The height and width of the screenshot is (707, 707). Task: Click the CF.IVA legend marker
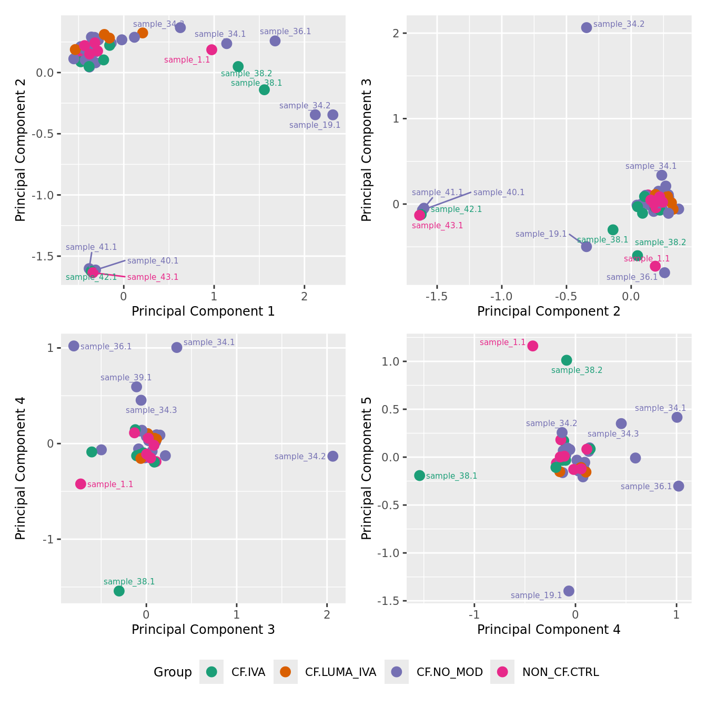click(x=211, y=672)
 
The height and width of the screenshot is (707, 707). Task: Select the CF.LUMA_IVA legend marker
click(x=286, y=672)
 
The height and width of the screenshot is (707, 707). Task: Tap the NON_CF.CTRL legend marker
click(x=502, y=672)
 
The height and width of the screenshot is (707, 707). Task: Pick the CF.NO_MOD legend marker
click(x=397, y=672)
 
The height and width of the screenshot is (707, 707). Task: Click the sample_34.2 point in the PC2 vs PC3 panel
click(x=587, y=27)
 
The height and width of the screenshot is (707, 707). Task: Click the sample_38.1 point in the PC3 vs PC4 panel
click(x=119, y=591)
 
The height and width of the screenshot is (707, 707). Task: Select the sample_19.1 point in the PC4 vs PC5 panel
click(x=569, y=591)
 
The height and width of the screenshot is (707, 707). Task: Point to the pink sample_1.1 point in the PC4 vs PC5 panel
click(x=533, y=346)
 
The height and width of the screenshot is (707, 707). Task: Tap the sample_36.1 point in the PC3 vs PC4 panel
click(x=74, y=346)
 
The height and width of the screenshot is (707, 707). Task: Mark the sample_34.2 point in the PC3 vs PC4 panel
click(x=332, y=456)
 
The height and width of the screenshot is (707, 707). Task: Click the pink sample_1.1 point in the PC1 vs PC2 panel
click(x=211, y=49)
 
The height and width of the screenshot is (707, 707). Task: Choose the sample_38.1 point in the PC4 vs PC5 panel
click(x=419, y=476)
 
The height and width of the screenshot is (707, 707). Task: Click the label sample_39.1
click(x=126, y=377)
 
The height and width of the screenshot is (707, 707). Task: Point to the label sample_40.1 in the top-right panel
click(x=499, y=193)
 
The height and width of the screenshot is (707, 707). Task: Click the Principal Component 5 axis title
click(x=367, y=468)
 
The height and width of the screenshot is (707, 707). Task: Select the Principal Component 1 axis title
click(x=203, y=311)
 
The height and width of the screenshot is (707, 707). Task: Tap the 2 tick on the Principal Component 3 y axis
click(x=397, y=33)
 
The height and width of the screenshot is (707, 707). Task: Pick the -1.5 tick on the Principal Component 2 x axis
click(x=437, y=297)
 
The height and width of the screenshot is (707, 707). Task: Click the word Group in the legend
click(x=173, y=672)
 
